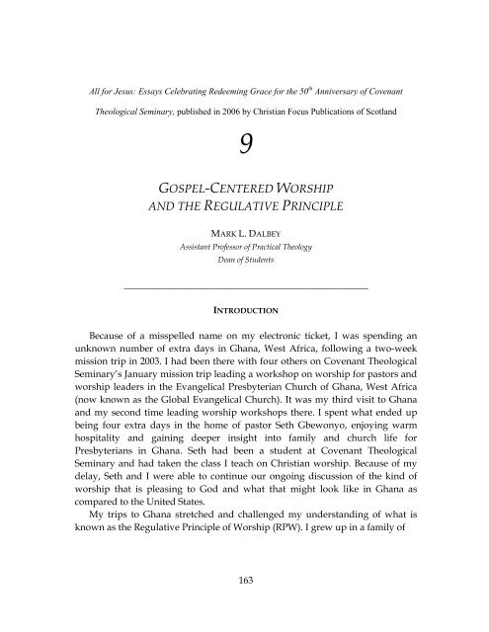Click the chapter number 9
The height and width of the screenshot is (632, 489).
[x=243, y=125]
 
